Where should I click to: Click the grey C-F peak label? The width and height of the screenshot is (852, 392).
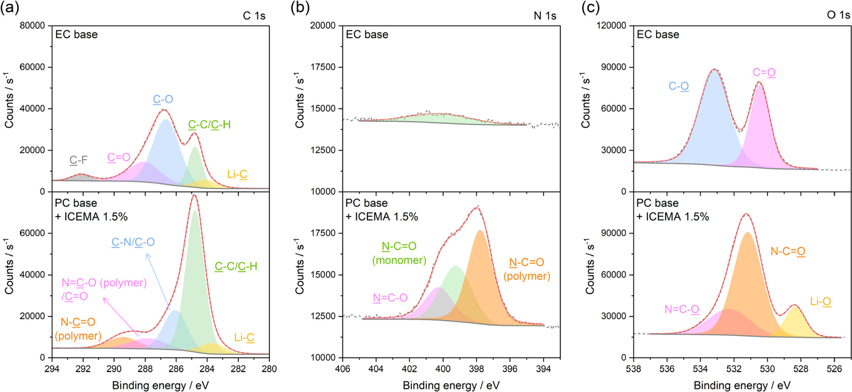coord(78,160)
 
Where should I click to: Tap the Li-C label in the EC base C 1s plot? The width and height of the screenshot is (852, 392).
coord(237,174)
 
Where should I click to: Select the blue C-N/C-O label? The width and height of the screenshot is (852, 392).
coord(133,242)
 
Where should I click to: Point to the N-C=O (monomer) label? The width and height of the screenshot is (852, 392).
coord(399,253)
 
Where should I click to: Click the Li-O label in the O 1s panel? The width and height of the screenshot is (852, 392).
coord(821,302)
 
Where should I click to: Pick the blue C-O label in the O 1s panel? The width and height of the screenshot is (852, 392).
coord(678,86)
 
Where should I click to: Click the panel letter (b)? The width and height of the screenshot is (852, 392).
coord(300,8)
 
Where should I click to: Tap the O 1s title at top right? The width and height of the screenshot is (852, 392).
coord(838,15)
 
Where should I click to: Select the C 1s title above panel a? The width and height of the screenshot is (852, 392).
coord(254,15)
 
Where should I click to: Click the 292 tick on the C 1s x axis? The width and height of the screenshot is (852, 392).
coord(83,369)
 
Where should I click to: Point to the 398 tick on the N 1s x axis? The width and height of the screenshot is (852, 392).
coord(476,369)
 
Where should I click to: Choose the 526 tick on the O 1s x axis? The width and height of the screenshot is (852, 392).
coord(834,369)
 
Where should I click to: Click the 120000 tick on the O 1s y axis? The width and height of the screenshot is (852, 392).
coord(611,25)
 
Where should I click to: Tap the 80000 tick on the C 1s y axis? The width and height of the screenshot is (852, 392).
coord(32,25)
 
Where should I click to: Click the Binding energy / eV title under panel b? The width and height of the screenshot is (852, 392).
coord(451,385)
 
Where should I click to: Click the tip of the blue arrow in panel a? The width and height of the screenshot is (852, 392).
coord(146,254)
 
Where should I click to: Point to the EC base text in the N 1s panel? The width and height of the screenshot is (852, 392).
coord(367,34)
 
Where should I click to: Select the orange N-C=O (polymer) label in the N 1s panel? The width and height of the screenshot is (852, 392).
coord(526,269)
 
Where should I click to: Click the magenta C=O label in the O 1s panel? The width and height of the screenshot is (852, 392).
coord(764,72)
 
